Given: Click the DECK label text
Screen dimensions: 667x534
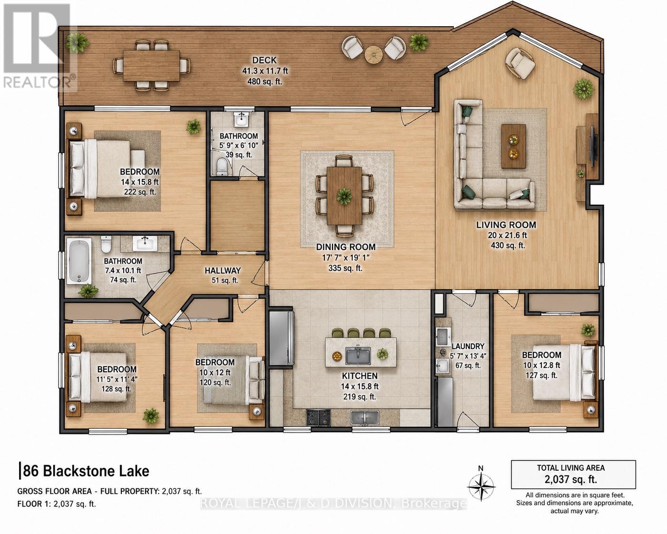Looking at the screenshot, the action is [265, 60].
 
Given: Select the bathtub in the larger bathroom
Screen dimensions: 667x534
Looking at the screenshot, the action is [79, 261].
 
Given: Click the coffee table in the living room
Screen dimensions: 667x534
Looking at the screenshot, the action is [514, 147].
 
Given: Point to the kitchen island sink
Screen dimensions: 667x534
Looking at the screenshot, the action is [358, 356].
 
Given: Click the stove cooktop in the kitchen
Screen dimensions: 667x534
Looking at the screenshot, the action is [318, 417].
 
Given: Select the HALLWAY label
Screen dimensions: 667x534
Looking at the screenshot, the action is [223, 271].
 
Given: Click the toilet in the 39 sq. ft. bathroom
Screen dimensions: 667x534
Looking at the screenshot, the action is [222, 167].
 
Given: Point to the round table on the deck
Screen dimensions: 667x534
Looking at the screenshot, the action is [373, 55].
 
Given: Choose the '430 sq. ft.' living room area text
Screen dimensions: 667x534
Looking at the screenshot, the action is [508, 246].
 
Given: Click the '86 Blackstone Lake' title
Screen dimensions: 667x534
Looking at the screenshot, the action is [86, 471].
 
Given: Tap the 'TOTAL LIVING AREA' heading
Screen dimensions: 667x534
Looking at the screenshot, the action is [570, 468].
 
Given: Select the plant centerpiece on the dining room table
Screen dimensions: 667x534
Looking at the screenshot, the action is [344, 196].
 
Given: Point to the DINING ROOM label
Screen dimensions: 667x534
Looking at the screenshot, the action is [345, 247].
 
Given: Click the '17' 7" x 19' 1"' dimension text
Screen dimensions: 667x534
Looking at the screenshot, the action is [345, 257].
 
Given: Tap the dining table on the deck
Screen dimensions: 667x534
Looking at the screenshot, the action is [152, 65].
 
